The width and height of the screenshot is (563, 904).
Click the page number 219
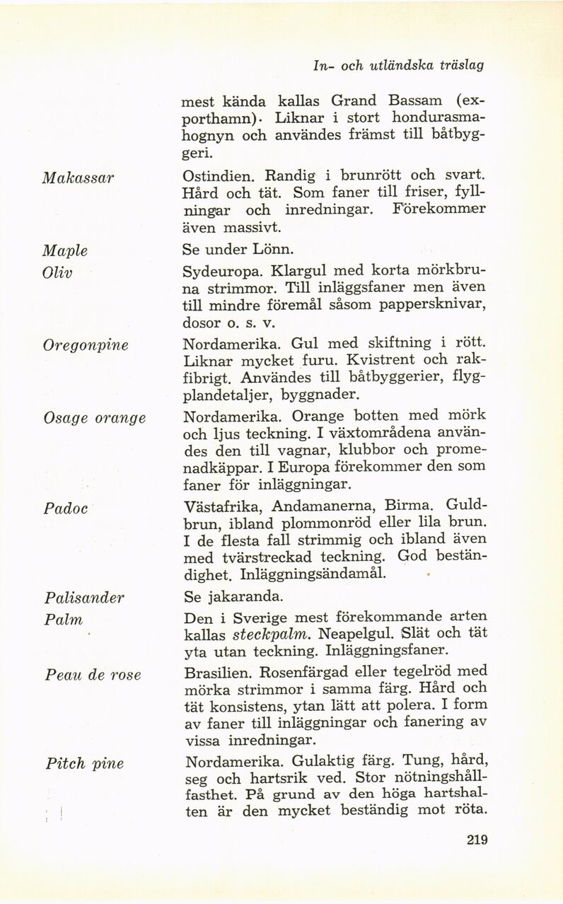477,840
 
